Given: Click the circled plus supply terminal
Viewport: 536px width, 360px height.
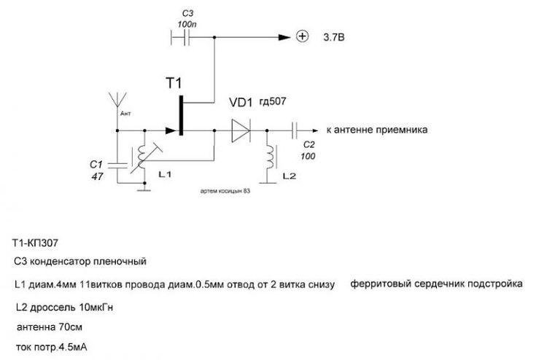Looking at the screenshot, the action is pos(302,36).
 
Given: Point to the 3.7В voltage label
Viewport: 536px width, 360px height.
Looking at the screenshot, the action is pos(334,37).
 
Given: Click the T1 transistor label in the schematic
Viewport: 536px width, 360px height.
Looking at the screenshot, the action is pos(174,83).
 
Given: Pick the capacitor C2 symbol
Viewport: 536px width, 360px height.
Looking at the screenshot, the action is pos(295,130).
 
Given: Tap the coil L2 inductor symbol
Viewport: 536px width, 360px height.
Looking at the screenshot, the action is pos(271,157).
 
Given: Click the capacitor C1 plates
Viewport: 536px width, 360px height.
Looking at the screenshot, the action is pos(117,165).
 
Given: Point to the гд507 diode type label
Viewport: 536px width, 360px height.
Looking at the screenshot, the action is pos(273,101).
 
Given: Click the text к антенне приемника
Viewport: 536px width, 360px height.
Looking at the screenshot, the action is pos(377,130).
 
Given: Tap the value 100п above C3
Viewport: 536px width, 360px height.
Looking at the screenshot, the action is pos(187,25).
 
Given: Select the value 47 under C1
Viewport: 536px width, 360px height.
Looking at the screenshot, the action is pos(97,176).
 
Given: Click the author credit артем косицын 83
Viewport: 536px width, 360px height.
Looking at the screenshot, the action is pos(225,191).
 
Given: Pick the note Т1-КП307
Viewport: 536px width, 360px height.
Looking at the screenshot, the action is pos(35,243).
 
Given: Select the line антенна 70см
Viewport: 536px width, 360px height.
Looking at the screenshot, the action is pos(50,327).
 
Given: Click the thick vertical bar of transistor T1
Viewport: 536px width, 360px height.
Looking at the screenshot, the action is pos(181,115).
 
